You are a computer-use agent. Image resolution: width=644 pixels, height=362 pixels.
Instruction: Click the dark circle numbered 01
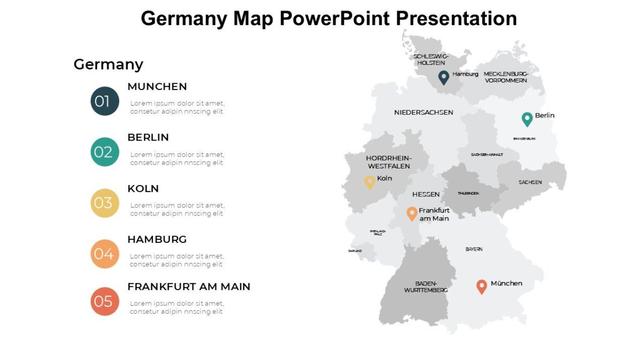[x=105, y=101]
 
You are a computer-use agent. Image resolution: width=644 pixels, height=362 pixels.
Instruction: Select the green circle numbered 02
[x=105, y=152]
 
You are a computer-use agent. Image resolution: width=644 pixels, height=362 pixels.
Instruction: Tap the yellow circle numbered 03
[x=105, y=203]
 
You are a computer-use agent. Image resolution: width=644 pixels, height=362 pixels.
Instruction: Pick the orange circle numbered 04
[x=105, y=254]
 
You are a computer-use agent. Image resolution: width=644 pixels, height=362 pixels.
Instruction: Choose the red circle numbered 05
[x=105, y=301]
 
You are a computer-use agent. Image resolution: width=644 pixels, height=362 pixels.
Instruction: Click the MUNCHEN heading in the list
[x=157, y=86]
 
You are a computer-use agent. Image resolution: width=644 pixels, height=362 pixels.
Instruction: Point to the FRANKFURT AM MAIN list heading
[x=189, y=287]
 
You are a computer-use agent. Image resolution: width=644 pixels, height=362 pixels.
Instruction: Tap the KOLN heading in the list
[x=143, y=189]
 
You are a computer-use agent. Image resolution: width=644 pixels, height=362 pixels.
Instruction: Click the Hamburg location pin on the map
[x=444, y=77]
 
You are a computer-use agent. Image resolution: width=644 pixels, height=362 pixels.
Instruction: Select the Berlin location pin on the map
[x=528, y=119]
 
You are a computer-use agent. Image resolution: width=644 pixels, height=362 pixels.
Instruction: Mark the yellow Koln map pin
[x=370, y=182]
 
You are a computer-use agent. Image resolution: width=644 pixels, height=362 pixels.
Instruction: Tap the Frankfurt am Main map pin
[x=412, y=213]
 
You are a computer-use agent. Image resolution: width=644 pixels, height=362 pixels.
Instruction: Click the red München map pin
[x=482, y=286]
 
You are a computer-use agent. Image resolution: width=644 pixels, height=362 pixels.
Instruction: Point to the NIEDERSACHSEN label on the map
[x=423, y=113]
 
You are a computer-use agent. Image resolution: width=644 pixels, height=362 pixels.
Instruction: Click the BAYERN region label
[x=474, y=249]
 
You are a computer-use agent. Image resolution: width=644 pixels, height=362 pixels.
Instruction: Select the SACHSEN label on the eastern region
[x=530, y=182]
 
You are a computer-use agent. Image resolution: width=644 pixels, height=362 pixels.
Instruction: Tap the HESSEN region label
[x=426, y=194]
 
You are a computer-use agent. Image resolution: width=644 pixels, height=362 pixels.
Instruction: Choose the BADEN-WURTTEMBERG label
[x=426, y=286]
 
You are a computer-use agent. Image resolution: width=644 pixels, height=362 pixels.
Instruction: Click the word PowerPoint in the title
[x=335, y=19]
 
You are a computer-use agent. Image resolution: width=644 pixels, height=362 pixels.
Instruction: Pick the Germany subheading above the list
[x=108, y=64]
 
